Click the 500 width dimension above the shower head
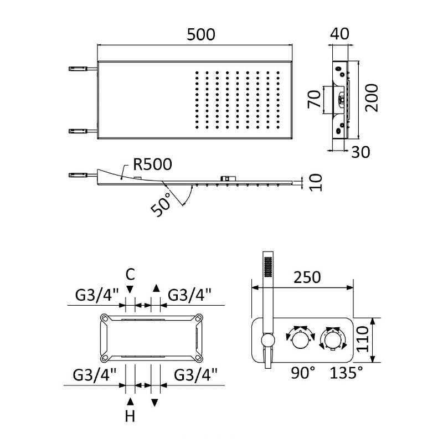click(x=200, y=34)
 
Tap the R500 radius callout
click(x=152, y=164)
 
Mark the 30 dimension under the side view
click(x=361, y=151)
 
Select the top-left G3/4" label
click(x=97, y=294)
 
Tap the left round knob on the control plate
click(x=300, y=338)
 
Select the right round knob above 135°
click(x=333, y=338)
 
